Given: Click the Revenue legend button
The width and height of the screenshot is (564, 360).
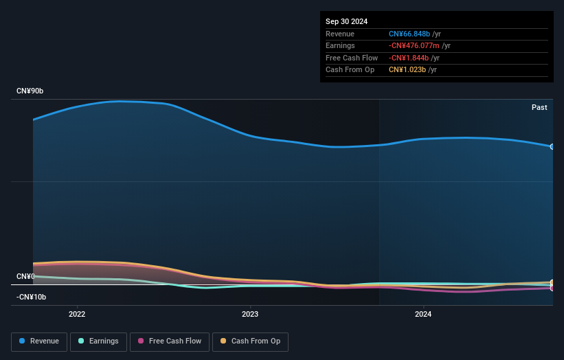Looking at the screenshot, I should coord(38,341).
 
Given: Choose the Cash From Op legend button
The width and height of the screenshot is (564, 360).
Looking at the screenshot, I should coord(250,341).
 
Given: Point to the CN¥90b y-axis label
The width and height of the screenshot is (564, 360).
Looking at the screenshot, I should coord(30,91).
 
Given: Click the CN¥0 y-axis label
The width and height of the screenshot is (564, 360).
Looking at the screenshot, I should coord(26,277).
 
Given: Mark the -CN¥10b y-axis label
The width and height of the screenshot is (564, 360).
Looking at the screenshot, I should coord(32,297).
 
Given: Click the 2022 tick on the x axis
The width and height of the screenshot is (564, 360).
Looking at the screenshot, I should coord(77,315).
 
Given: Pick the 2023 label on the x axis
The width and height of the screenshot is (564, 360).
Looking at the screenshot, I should coord(250,315).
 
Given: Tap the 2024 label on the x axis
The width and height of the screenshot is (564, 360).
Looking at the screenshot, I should coord(423,315).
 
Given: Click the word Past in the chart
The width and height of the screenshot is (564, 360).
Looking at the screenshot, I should coord(539,108).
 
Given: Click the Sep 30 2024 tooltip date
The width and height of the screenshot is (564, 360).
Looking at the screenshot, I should coord(347,21).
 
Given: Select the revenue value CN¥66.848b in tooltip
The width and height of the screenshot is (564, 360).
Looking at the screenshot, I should coord(409,34).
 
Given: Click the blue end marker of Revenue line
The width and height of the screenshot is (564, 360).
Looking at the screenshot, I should coord(552,147).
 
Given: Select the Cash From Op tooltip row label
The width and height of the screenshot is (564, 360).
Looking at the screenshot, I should coord(350,70).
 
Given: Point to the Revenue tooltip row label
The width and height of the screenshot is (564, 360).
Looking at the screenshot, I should coord(340,34).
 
